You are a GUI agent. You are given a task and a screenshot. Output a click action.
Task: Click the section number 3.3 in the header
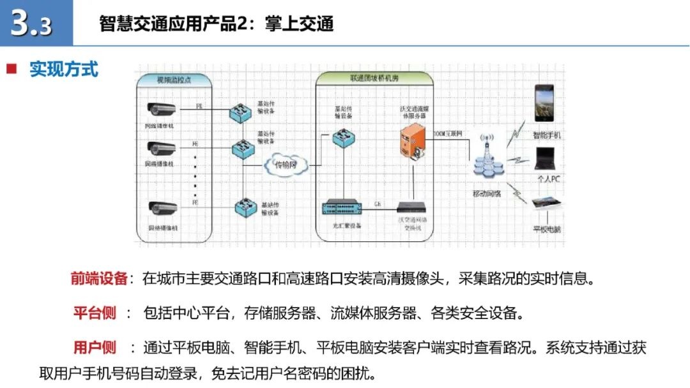(32, 24)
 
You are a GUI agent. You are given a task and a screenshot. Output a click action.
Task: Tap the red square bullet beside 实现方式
(11, 69)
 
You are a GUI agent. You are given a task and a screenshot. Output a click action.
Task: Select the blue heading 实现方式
(64, 69)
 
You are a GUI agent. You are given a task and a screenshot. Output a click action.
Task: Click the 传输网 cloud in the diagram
(286, 164)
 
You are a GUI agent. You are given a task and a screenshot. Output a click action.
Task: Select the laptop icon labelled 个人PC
(546, 159)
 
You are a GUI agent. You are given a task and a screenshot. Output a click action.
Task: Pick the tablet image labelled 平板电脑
(547, 204)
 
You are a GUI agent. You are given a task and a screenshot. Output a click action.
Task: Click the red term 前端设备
(99, 279)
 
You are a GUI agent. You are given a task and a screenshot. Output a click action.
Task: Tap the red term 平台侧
(95, 313)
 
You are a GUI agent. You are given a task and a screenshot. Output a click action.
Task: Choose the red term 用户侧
(95, 348)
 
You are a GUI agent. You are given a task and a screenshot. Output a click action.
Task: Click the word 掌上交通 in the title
(300, 24)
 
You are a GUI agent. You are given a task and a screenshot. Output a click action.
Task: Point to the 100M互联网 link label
(447, 134)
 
